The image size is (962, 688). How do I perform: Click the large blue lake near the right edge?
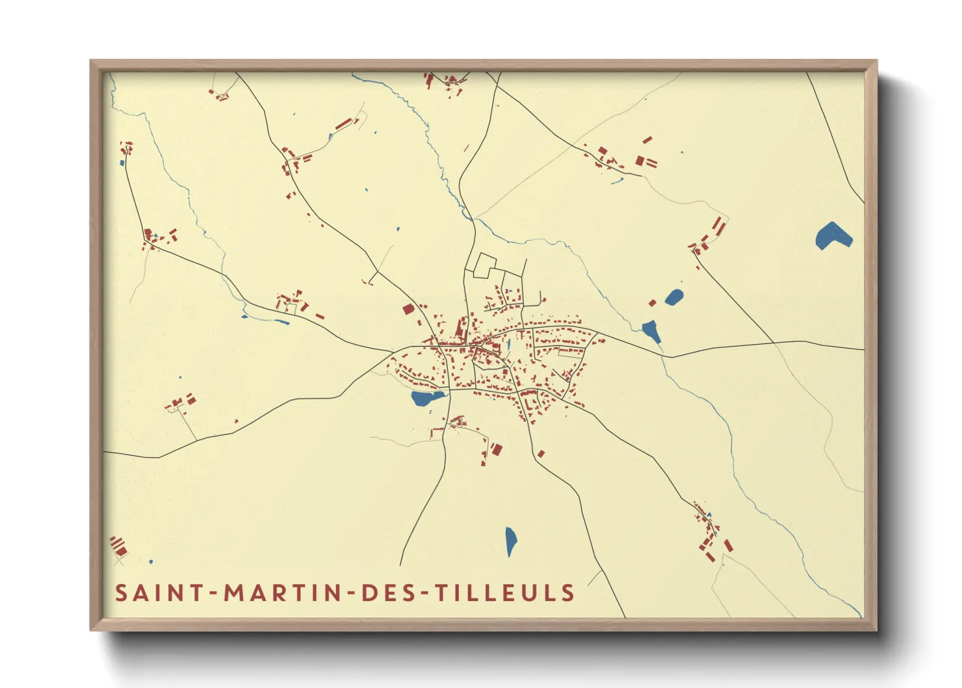[x=833, y=236]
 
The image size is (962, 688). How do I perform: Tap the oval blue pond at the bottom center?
[x=511, y=541]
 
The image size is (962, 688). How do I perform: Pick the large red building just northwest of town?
[x=408, y=309]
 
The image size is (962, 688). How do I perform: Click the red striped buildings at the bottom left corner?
[x=118, y=546]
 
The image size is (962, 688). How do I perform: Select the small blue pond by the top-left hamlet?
[x=122, y=163]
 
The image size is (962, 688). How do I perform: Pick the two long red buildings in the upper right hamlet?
[x=718, y=226]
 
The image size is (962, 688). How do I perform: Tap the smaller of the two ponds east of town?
[x=674, y=298]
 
